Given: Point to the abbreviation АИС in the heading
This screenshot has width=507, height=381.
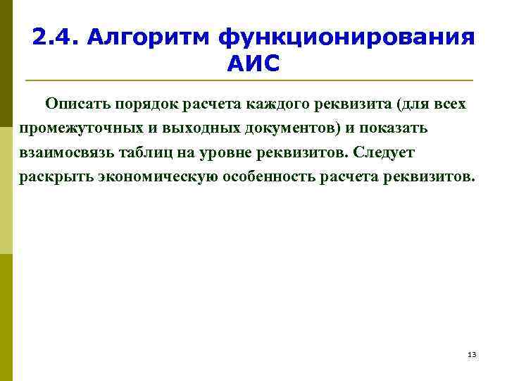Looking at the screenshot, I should point(254,64).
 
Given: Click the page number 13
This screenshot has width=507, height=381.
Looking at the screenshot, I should point(472,354).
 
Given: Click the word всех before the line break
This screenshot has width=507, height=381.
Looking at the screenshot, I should point(447,105).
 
